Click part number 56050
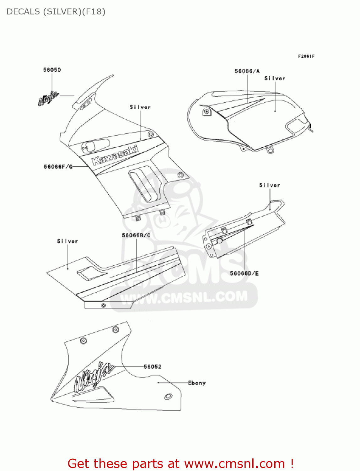pos(52,70)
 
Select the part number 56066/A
pos(247,71)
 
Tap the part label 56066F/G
pos(58,166)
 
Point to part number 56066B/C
pos(136,235)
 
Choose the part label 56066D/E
pos(244,273)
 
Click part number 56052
pos(153,366)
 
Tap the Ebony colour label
pos(197,383)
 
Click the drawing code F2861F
pos(306,56)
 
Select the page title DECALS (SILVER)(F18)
pos(56,12)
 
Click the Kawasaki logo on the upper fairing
pos(115,155)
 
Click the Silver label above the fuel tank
pos(275,78)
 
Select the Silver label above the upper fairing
pos(140,107)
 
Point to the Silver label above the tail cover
pos(269,185)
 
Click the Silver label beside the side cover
pos(67,241)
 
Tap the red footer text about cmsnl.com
pos(180,463)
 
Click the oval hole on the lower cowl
pos(168,396)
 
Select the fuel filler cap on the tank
pos(207,111)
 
